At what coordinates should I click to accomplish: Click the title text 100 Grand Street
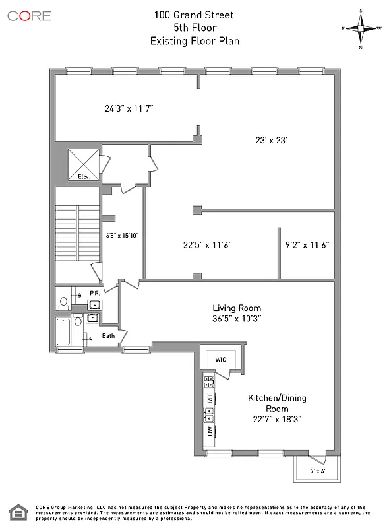coord(195,14)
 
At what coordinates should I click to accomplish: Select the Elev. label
coord(84,176)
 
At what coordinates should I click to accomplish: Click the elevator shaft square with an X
coord(84,160)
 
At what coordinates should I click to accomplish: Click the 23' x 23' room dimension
coord(272,140)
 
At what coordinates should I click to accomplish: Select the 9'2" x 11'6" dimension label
coord(307,244)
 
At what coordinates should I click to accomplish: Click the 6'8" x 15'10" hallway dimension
coord(122,235)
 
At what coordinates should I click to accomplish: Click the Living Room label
coord(237,308)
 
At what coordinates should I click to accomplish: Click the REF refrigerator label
coord(210,397)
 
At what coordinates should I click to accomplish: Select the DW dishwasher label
coord(210,432)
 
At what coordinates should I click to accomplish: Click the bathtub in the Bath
coord(64,331)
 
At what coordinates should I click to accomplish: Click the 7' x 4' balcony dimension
coord(311,471)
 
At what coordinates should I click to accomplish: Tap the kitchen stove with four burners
coord(209,381)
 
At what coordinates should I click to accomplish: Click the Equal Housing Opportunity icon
coord(17,511)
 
